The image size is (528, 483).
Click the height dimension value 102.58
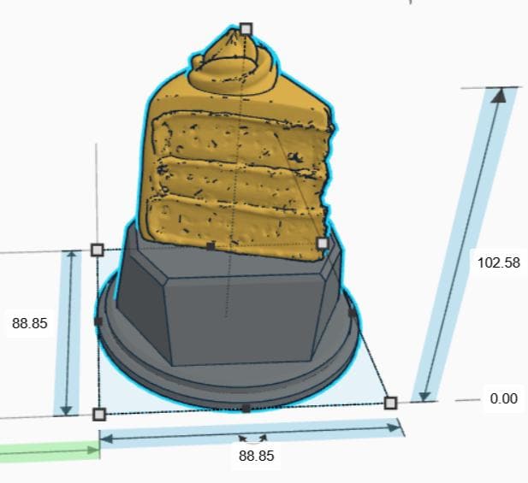pyautogui.click(x=499, y=262)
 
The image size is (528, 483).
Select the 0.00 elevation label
pyautogui.click(x=504, y=398)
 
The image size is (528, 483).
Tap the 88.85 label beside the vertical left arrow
pyautogui.click(x=30, y=324)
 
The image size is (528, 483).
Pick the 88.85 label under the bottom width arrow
pyautogui.click(x=257, y=456)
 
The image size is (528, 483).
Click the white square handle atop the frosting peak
pyautogui.click(x=246, y=29)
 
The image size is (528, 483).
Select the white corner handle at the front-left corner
pyautogui.click(x=99, y=415)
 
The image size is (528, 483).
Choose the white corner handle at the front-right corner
pyautogui.click(x=390, y=403)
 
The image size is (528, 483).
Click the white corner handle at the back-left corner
pyautogui.click(x=98, y=250)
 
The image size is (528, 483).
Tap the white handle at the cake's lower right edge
pyautogui.click(x=323, y=243)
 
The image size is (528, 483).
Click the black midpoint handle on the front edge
pyautogui.click(x=246, y=409)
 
